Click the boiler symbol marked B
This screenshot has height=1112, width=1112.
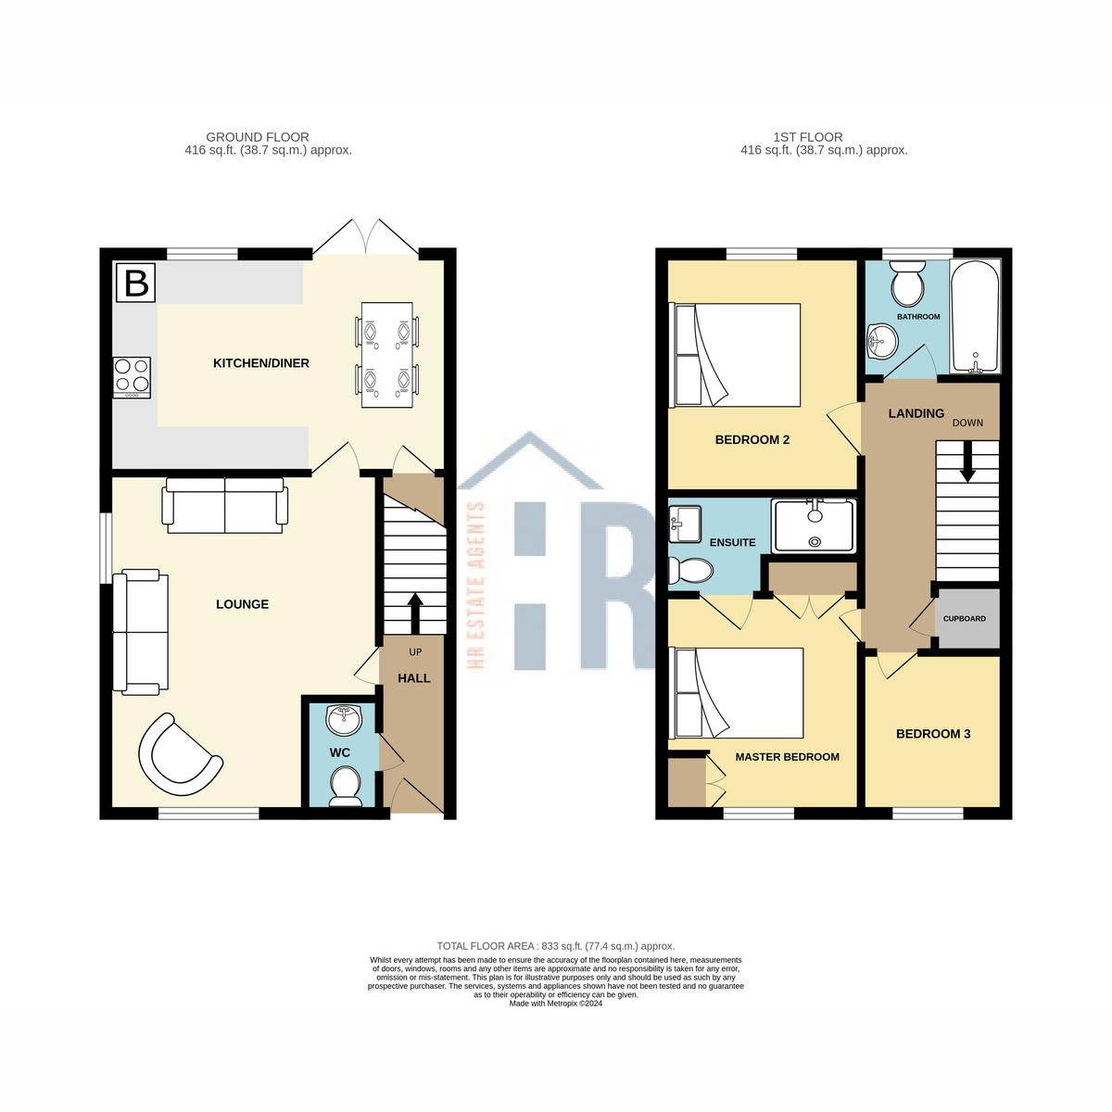click(136, 283)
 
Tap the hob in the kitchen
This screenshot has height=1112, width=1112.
click(132, 377)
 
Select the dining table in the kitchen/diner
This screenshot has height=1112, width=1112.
click(386, 355)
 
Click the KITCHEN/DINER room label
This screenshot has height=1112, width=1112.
click(261, 363)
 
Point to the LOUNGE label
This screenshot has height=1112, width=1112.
click(242, 604)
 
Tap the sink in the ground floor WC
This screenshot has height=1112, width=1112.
click(346, 717)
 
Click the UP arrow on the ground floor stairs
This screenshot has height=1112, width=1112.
click(414, 612)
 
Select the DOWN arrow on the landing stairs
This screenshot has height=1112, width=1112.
click(967, 461)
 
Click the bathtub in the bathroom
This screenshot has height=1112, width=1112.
click(976, 317)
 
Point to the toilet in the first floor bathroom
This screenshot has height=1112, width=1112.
click(906, 284)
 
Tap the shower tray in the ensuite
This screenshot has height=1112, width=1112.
click(814, 525)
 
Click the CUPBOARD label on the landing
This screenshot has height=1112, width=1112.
click(965, 618)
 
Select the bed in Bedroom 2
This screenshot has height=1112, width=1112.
click(738, 355)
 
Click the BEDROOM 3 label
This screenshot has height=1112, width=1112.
click(933, 734)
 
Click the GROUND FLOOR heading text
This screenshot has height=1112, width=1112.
click(258, 137)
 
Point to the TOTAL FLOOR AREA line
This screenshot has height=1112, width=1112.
click(556, 946)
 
